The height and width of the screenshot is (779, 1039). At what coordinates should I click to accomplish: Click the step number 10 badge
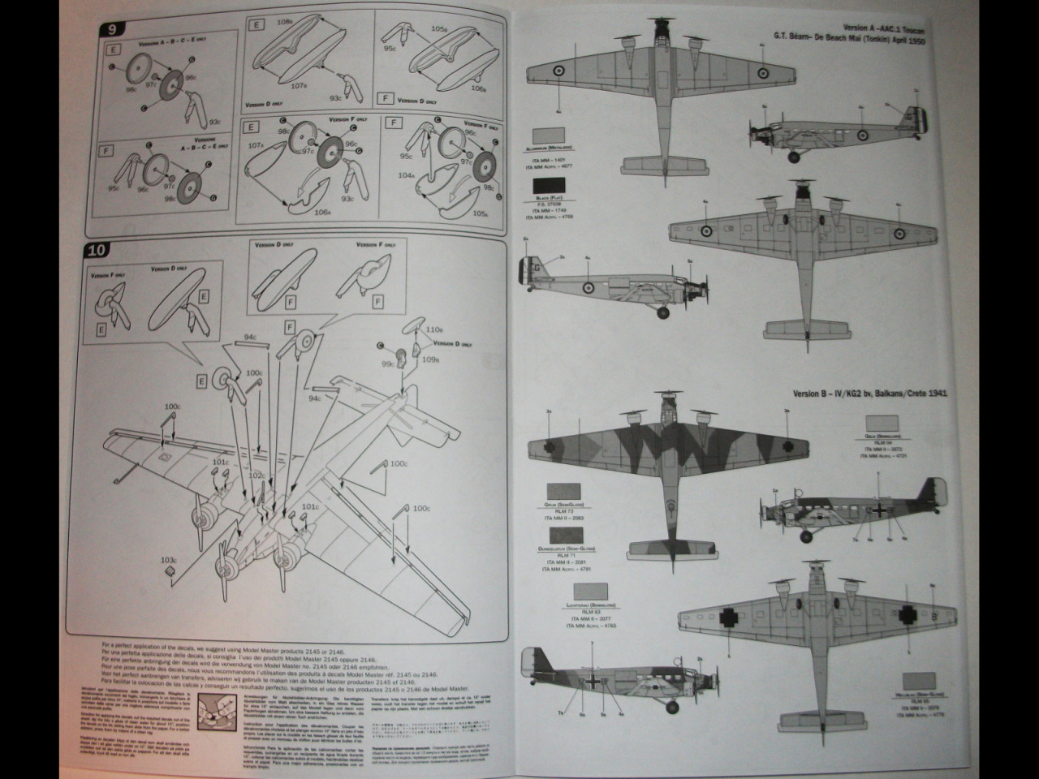tap(97, 250)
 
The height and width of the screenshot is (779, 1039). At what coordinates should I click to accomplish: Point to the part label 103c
tap(168, 560)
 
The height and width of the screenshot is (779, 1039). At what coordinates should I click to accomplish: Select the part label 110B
tap(431, 330)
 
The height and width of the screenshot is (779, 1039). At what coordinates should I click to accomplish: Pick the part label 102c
tap(257, 475)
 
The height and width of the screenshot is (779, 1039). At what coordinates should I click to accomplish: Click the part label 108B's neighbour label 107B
tap(299, 84)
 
